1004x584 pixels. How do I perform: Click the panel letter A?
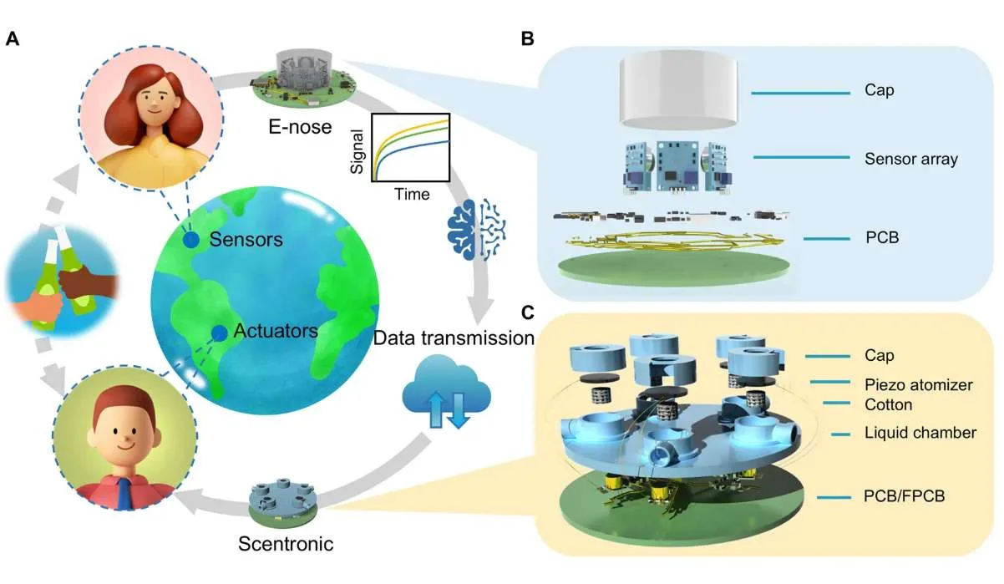pyautogui.click(x=12, y=38)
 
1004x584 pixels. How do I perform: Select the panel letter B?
pyautogui.click(x=527, y=38)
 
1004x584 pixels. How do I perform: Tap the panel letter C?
pyautogui.click(x=528, y=312)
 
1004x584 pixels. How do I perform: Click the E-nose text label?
pyautogui.click(x=300, y=127)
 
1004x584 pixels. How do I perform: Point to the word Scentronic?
pyautogui.click(x=286, y=544)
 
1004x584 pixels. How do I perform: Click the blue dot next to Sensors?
pyautogui.click(x=191, y=240)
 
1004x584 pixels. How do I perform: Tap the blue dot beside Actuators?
pyautogui.click(x=219, y=333)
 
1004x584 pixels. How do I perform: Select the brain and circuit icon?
pyautogui.click(x=476, y=230)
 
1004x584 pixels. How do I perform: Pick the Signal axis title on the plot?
pyautogui.click(x=357, y=151)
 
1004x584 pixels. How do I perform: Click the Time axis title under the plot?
pyautogui.click(x=412, y=194)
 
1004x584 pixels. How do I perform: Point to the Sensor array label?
pyautogui.click(x=910, y=159)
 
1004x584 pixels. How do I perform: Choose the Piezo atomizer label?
pyautogui.click(x=919, y=384)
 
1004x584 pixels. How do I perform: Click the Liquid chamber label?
pyautogui.click(x=920, y=433)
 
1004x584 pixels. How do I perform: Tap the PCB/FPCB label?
pyautogui.click(x=904, y=495)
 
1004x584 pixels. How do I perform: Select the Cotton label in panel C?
pyautogui.click(x=889, y=404)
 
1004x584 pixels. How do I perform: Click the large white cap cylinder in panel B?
pyautogui.click(x=678, y=89)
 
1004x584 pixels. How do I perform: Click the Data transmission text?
pyautogui.click(x=454, y=338)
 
